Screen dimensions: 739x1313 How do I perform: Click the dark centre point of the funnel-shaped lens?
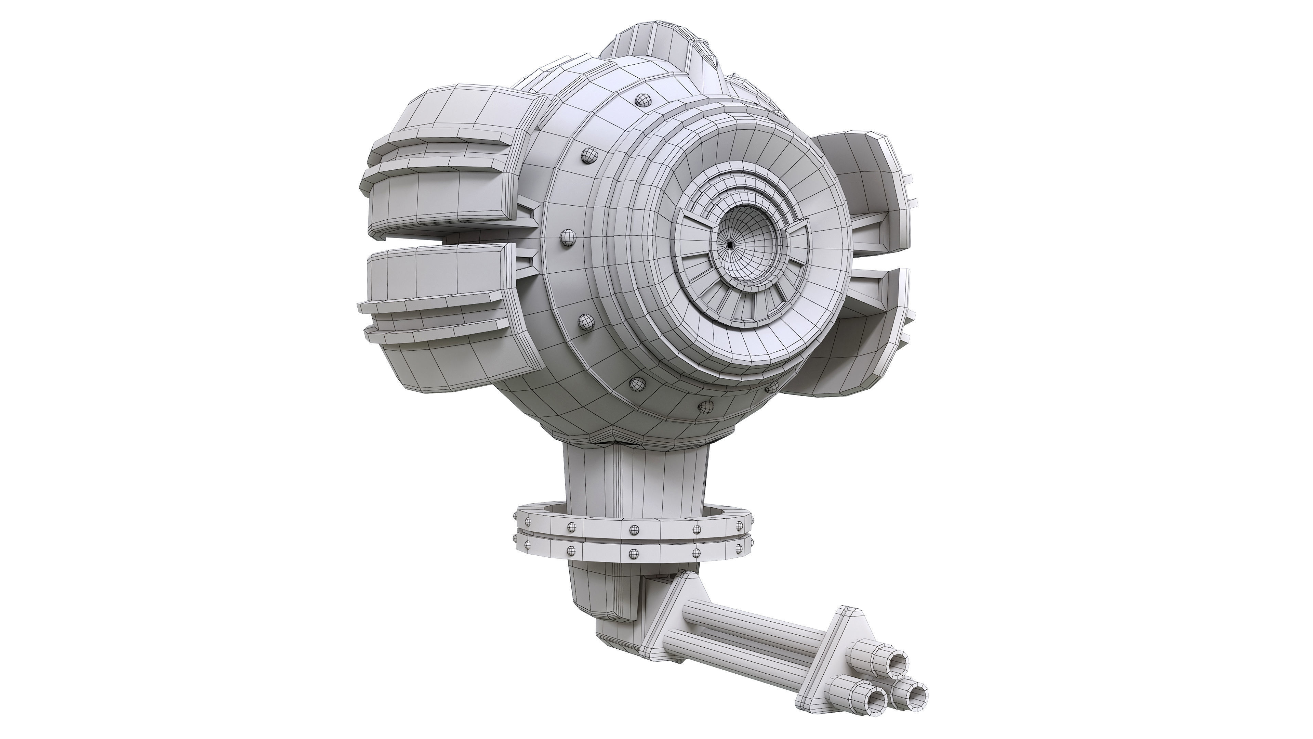click(x=730, y=245)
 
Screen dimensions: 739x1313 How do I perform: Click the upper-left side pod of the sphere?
click(x=449, y=168)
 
